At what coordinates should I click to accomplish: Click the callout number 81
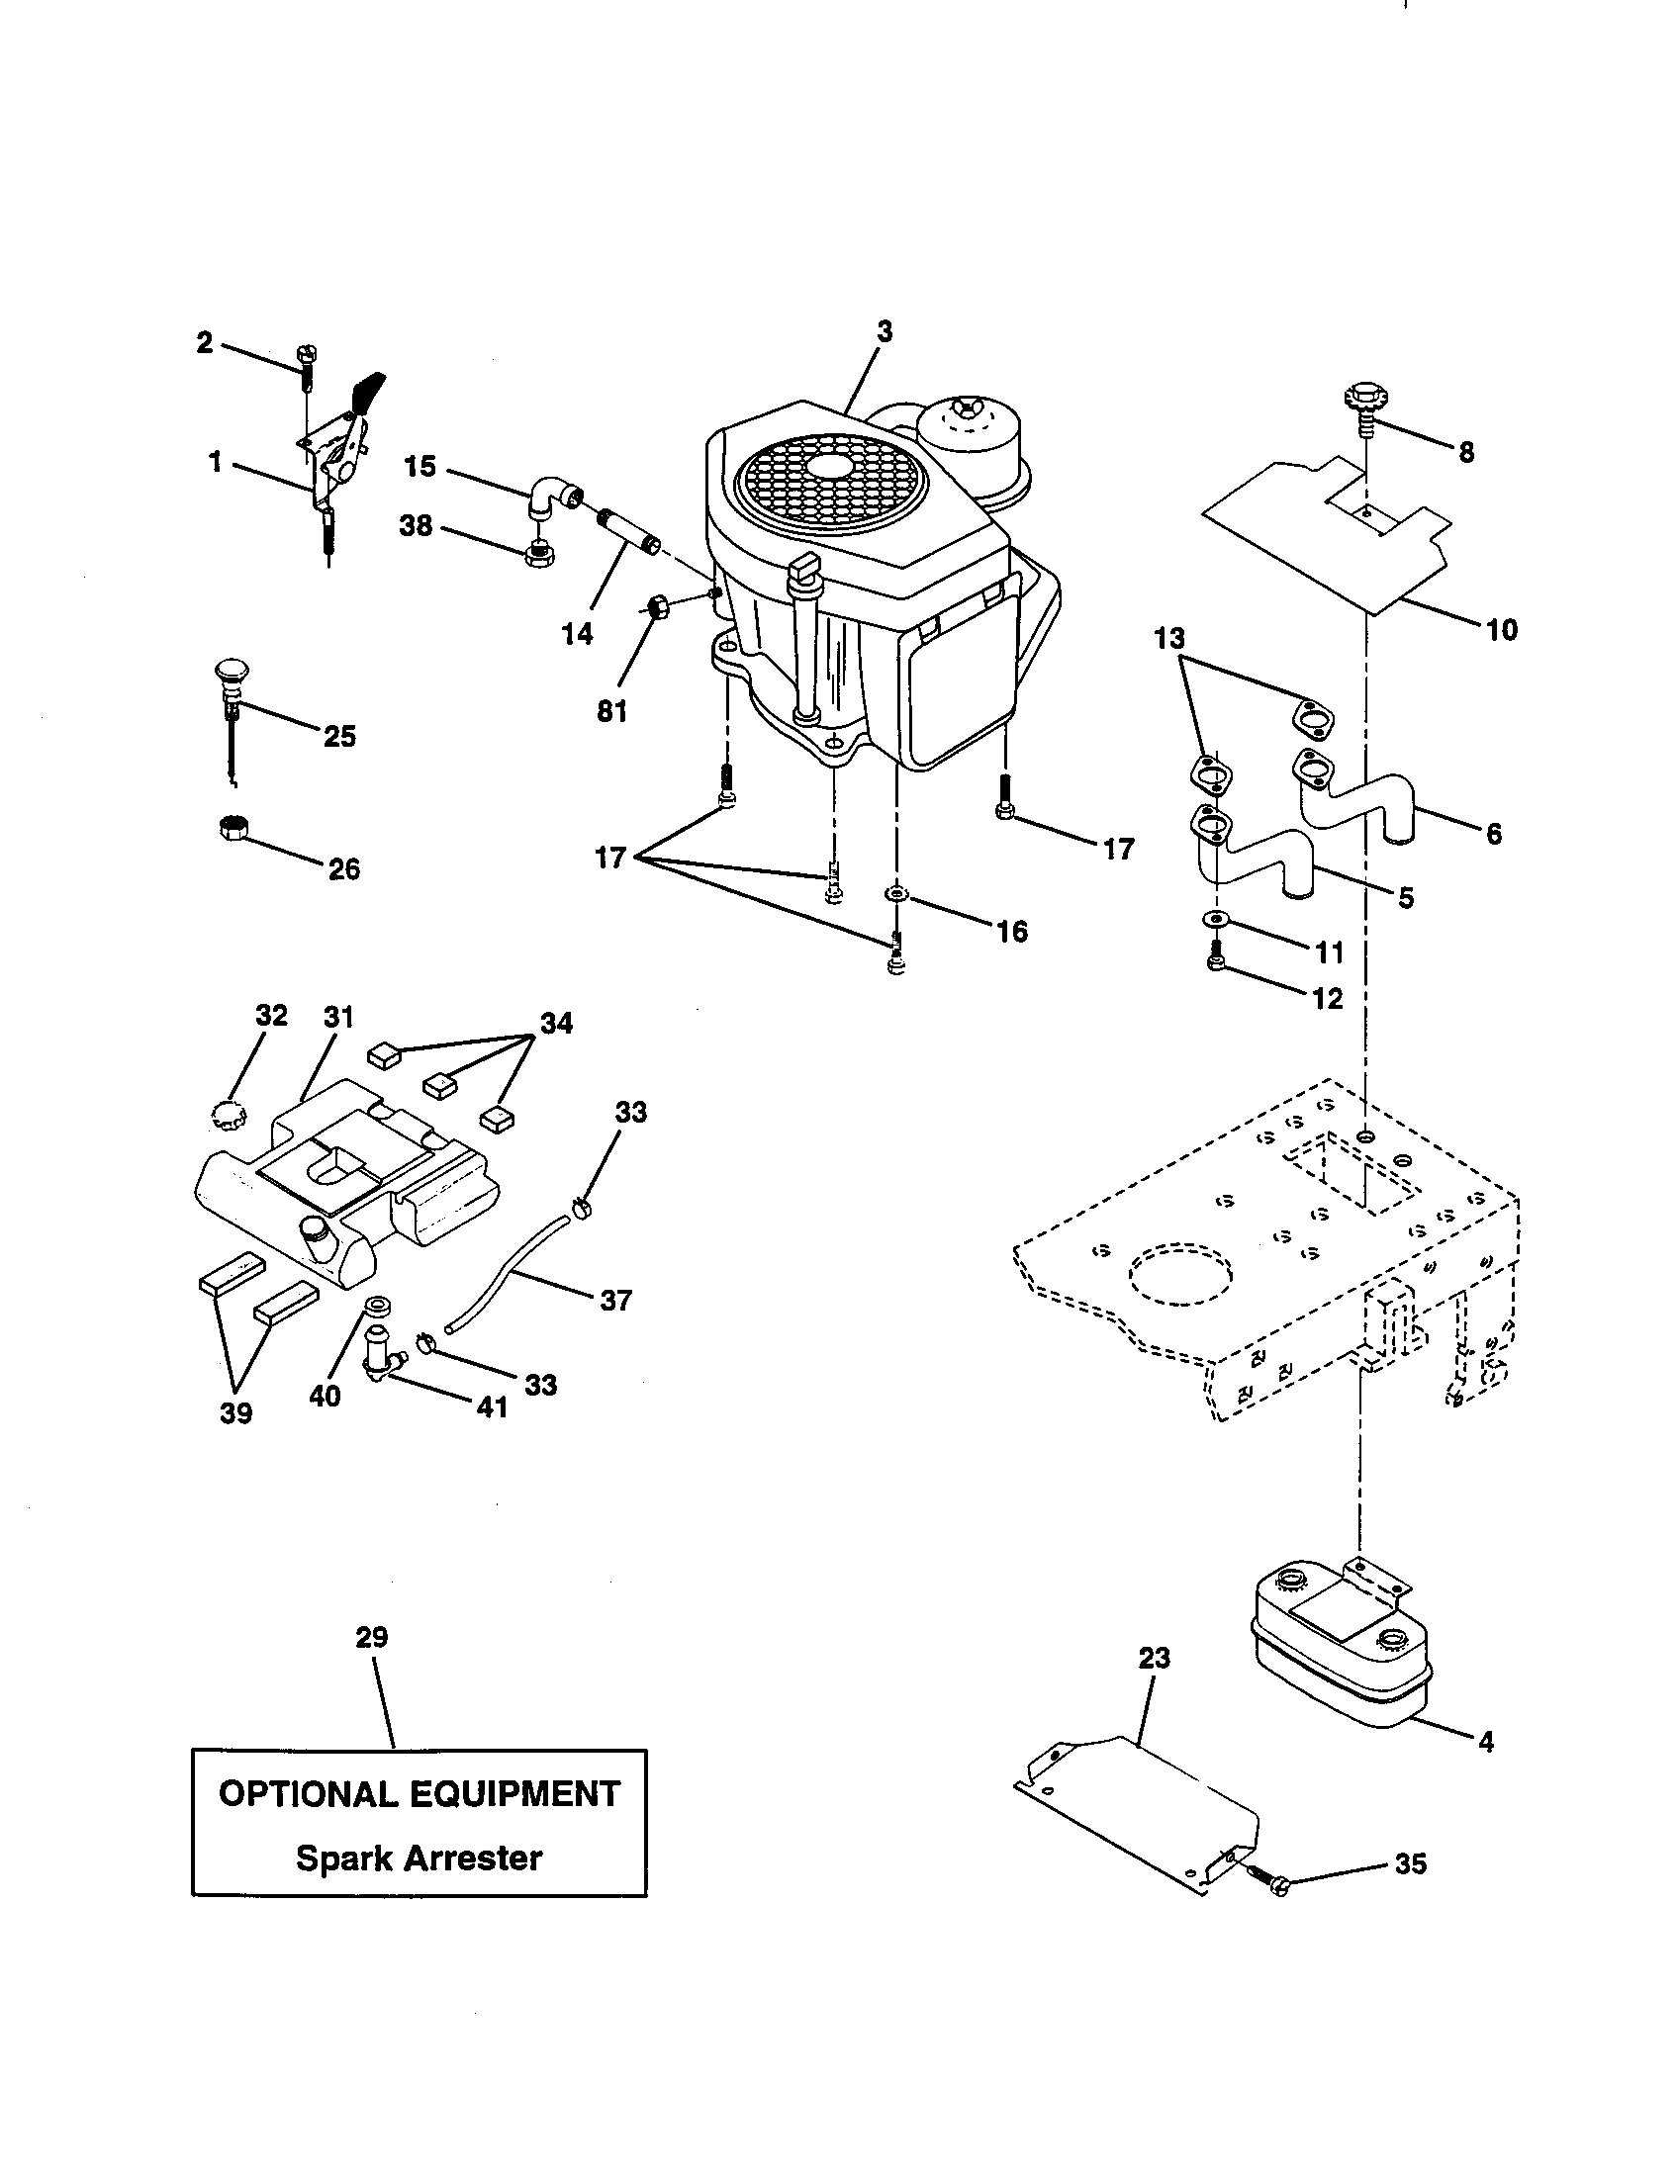point(611,711)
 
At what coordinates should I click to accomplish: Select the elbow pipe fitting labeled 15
point(551,496)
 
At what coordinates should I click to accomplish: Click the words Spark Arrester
point(419,1859)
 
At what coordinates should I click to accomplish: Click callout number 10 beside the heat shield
point(1502,630)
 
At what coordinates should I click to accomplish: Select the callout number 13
point(1170,638)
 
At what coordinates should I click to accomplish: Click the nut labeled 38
point(539,554)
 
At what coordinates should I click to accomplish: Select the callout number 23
point(1154,1658)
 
